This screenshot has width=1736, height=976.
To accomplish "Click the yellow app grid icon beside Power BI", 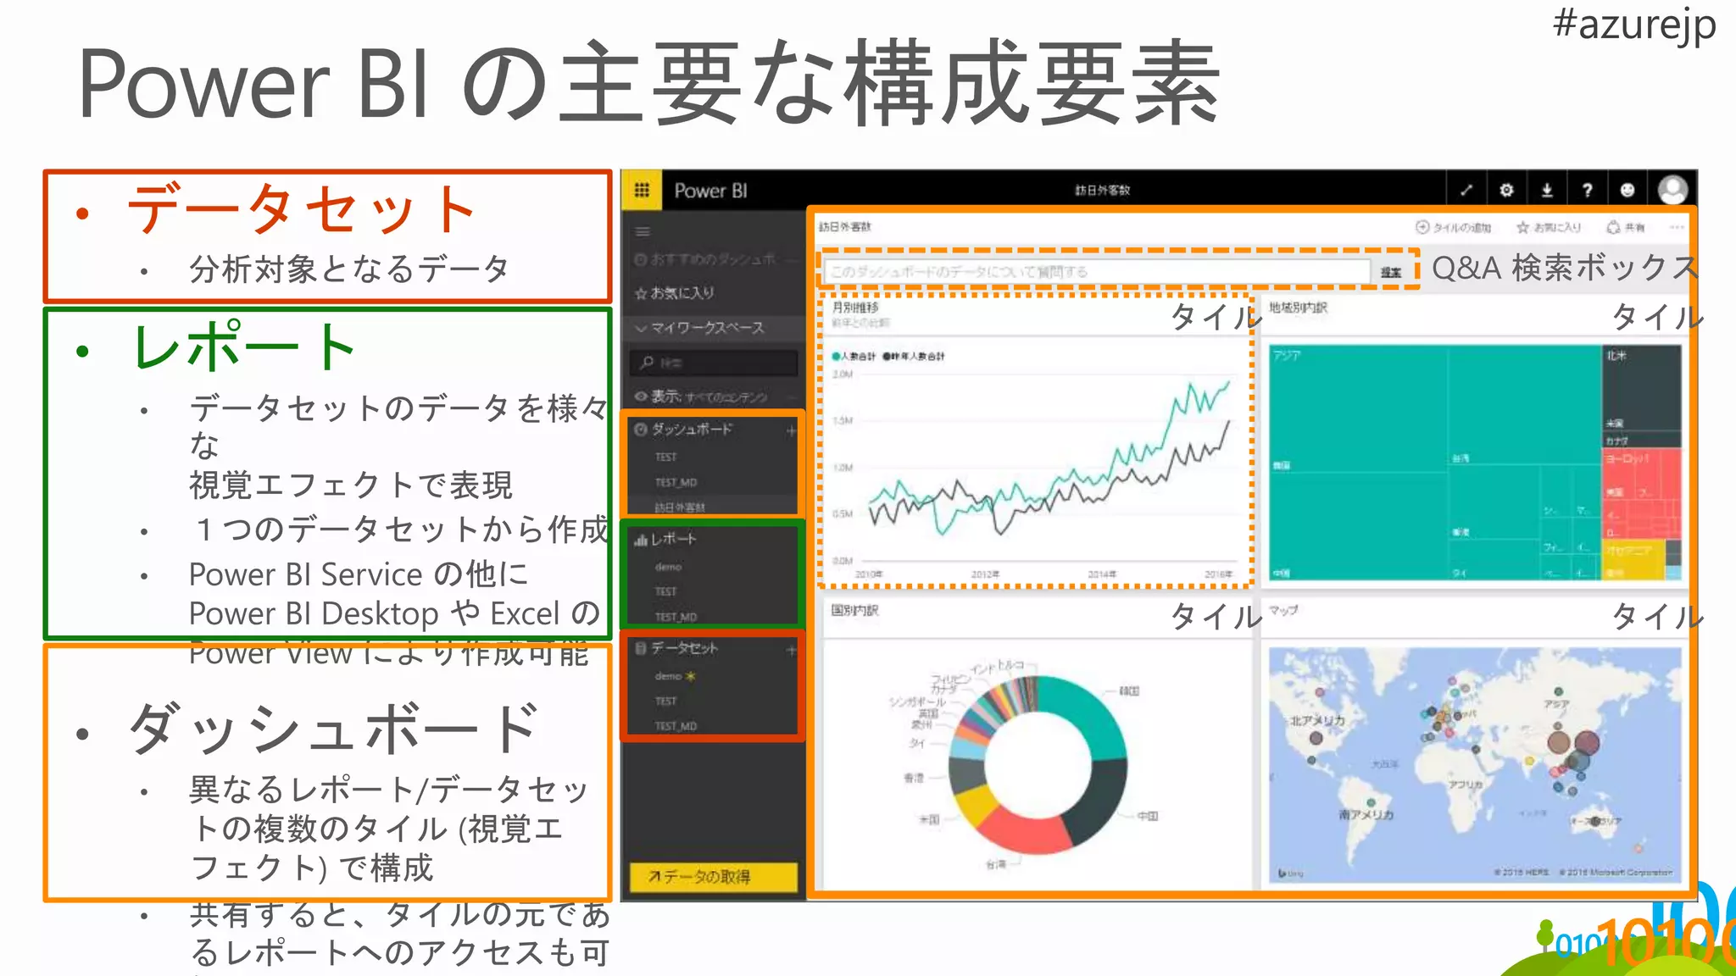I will point(642,190).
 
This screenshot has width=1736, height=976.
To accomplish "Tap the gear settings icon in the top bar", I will point(1506,190).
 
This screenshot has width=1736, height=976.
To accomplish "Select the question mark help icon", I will point(1587,190).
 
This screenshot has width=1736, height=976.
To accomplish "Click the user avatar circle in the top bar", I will point(1672,190).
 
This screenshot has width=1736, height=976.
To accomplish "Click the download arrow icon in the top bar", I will point(1547,190).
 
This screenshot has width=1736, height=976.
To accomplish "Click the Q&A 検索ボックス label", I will point(1565,268).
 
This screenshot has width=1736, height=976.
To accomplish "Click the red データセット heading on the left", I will point(301,208).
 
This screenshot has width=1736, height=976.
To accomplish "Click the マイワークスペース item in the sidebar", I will point(707,328).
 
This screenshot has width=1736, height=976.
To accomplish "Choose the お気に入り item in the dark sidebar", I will point(682,293).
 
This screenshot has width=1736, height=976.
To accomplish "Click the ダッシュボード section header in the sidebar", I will point(692,430).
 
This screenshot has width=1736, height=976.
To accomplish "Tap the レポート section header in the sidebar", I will point(673,539).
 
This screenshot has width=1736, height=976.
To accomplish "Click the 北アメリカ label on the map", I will point(1317,721).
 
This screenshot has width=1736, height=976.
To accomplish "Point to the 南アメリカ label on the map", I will point(1366,814).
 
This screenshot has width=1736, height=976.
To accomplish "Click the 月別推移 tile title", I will point(855,308).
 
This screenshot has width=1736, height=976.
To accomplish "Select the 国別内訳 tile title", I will point(854,610).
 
